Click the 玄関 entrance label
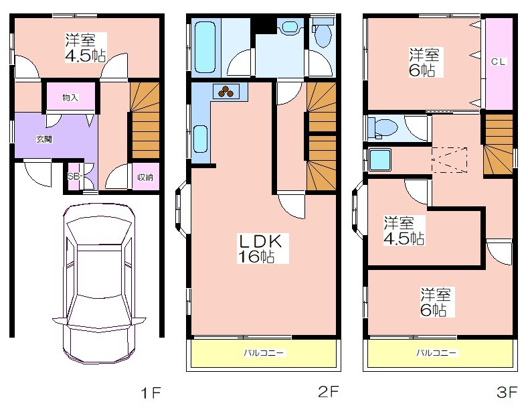(x=44, y=139)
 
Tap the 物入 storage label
(x=70, y=98)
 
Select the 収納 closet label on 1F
(x=145, y=177)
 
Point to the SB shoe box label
(x=74, y=176)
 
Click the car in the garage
(x=99, y=283)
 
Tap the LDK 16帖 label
(x=260, y=249)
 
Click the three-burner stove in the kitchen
(x=226, y=91)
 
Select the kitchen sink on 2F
(x=200, y=139)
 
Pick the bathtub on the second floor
(x=205, y=47)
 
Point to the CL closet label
(x=499, y=62)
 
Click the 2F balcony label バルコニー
(x=264, y=353)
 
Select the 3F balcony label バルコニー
(x=437, y=353)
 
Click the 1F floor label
(x=151, y=393)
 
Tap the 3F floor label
(x=507, y=392)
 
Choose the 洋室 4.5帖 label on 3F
(x=404, y=230)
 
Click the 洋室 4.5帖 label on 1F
(x=86, y=48)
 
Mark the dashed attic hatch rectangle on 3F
(x=449, y=160)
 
